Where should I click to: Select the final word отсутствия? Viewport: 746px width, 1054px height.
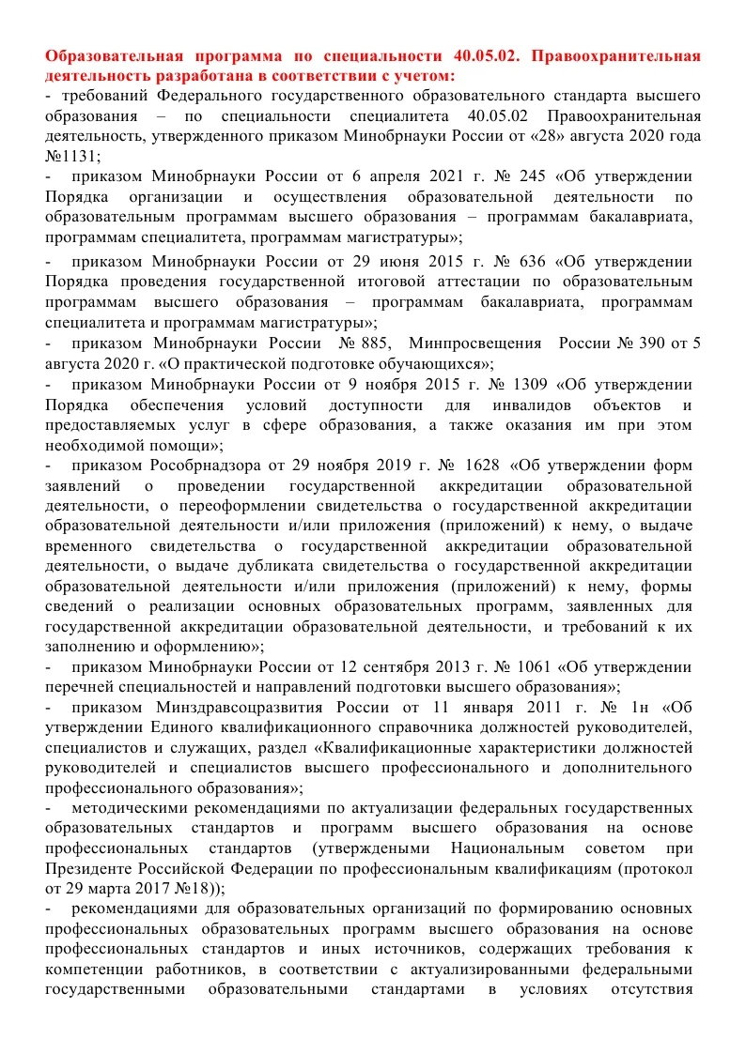click(x=650, y=989)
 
